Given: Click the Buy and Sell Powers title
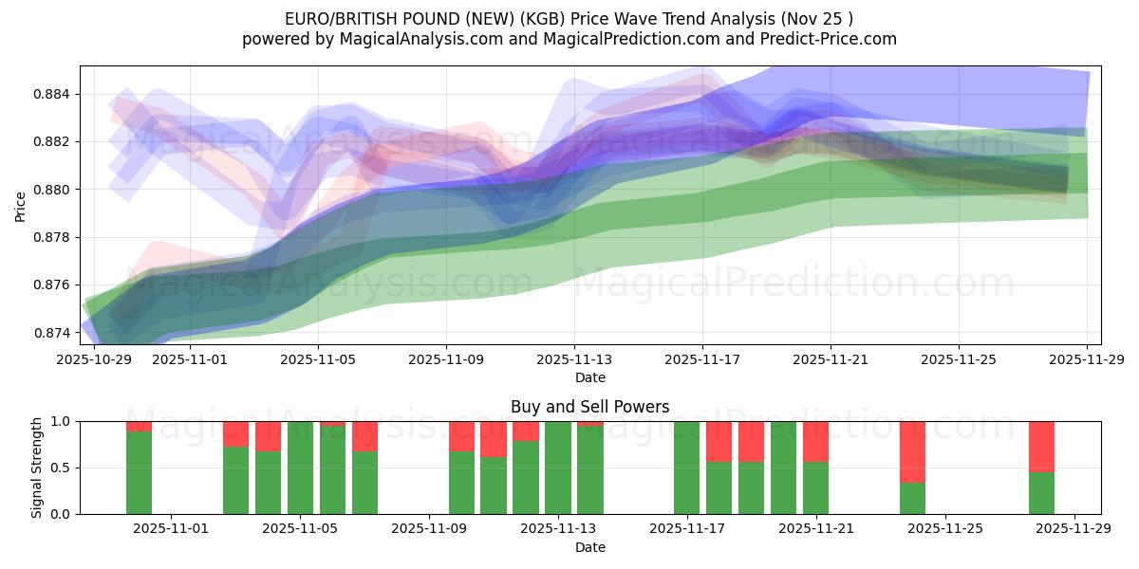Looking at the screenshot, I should [589, 407].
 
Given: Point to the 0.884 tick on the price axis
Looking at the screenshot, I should [55, 94].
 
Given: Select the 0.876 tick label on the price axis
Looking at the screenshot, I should [55, 284].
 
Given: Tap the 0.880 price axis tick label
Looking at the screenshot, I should [55, 190].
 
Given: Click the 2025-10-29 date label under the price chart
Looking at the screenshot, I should [94, 359].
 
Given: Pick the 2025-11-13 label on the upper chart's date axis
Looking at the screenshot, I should [573, 359].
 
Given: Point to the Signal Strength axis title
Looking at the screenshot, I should [38, 468].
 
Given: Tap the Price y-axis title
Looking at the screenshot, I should [21, 205].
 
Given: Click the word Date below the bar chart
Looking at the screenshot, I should [589, 547].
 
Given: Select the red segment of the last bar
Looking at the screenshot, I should [1041, 446].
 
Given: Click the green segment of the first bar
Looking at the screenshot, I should [139, 472].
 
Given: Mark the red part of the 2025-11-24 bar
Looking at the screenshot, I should [912, 451].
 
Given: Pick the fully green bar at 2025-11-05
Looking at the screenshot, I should [300, 468].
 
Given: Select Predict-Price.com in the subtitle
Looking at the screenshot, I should [831, 39].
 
